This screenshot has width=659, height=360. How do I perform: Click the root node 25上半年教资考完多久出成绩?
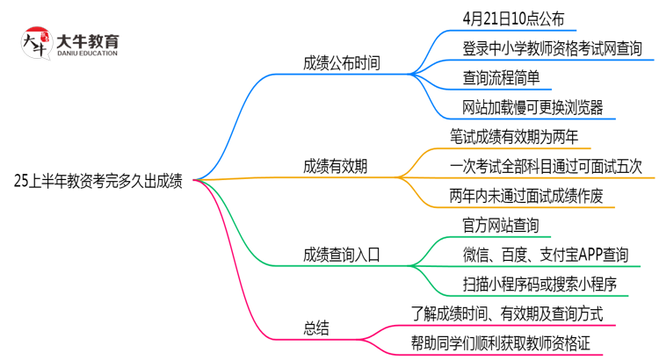coord(98,181)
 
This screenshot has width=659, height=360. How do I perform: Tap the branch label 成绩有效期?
coord(335,165)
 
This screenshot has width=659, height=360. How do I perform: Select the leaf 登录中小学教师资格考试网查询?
coord(552,47)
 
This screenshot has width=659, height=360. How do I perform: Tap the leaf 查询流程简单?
coord(507,77)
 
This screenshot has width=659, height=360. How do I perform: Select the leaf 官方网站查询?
coord(501,225)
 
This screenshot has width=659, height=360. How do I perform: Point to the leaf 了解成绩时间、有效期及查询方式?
coord(506,313)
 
